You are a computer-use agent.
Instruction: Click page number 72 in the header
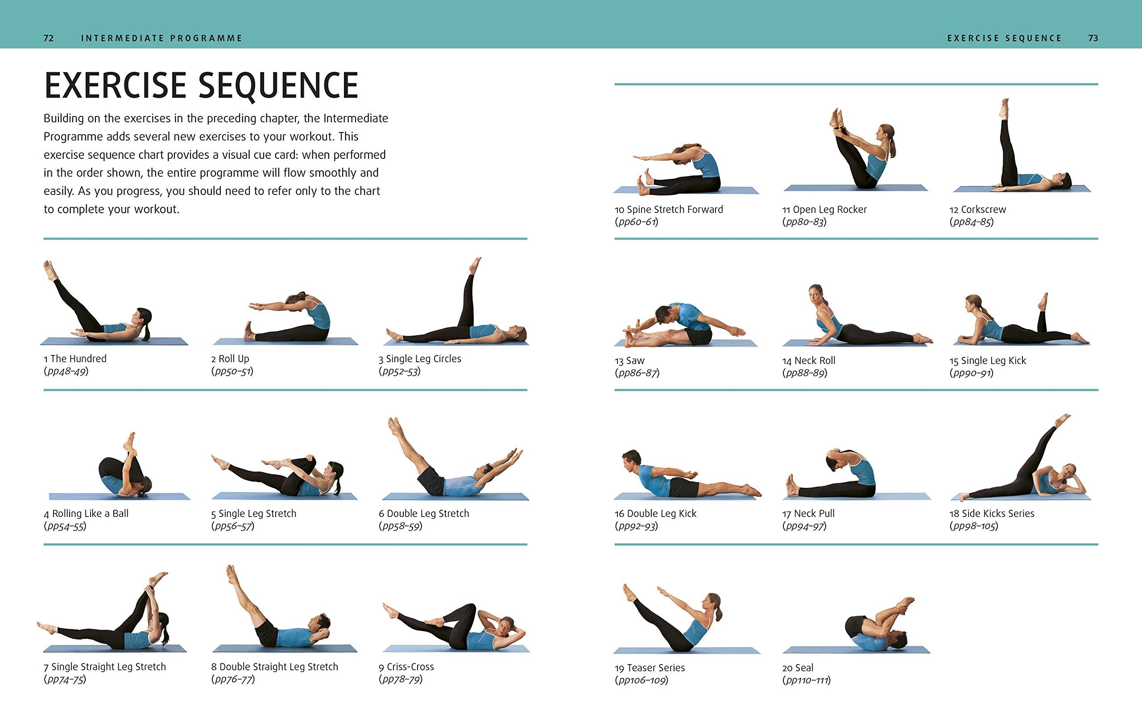tap(48, 38)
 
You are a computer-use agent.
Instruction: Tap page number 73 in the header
tap(1092, 38)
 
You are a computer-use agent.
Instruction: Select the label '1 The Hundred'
tap(75, 359)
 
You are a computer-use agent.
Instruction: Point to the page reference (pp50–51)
tap(232, 372)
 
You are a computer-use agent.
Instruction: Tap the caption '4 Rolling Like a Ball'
tap(86, 514)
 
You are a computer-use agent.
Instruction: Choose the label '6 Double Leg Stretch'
tap(423, 514)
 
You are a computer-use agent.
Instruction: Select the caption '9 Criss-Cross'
tap(406, 667)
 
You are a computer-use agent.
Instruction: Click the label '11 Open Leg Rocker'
tap(824, 210)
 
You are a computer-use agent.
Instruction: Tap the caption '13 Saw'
tap(629, 361)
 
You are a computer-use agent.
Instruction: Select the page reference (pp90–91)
tap(971, 373)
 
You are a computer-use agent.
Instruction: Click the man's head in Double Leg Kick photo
tap(631, 459)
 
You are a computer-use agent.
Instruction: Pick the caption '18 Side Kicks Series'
tap(992, 514)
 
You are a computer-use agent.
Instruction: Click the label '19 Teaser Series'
tap(650, 668)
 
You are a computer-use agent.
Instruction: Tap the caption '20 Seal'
tap(797, 668)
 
